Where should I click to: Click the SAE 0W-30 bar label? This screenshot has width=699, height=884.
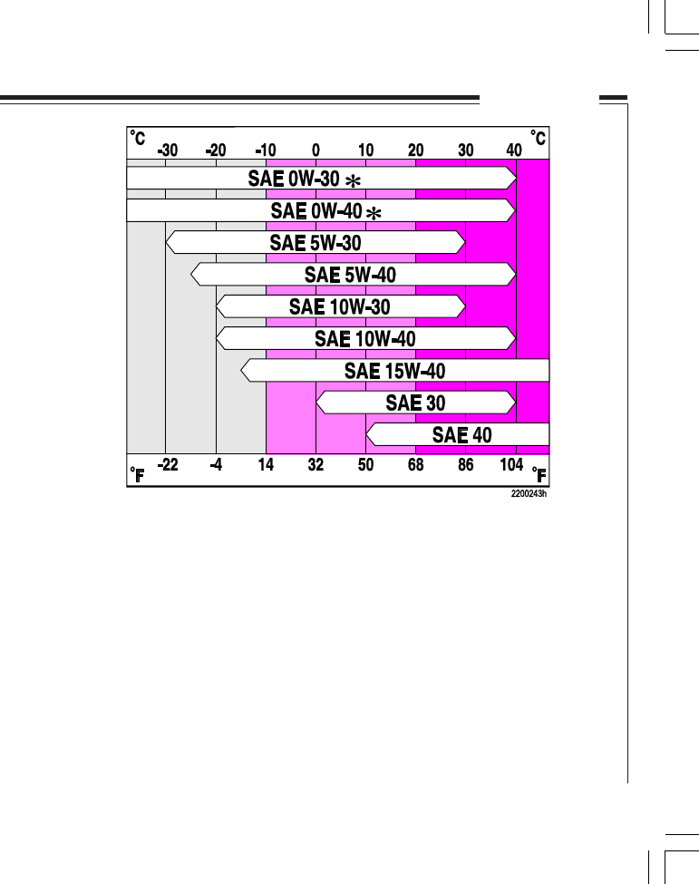[294, 179]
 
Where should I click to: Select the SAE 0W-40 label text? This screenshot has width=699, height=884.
[316, 211]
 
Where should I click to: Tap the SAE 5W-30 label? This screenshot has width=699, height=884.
[316, 243]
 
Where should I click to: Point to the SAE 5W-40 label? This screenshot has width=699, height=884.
[350, 275]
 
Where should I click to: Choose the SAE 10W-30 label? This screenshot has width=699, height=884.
[340, 306]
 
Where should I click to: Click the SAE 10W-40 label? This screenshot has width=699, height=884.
[364, 338]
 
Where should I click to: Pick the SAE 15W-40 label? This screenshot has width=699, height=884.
[394, 371]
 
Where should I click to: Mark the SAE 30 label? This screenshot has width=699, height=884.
[415, 403]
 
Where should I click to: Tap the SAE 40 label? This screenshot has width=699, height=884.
[462, 435]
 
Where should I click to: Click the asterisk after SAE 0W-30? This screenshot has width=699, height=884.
[352, 181]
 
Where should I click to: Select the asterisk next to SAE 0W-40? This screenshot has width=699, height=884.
[372, 213]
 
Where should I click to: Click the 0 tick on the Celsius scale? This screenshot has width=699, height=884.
[316, 151]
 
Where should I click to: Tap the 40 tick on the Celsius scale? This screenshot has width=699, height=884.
[514, 151]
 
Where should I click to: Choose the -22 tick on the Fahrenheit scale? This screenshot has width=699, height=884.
[167, 466]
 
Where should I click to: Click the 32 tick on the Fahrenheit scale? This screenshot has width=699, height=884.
[316, 466]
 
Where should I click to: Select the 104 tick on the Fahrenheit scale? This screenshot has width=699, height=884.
[512, 466]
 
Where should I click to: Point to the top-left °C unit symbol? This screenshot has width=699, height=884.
[138, 138]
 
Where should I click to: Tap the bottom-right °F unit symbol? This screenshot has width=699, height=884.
[539, 474]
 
